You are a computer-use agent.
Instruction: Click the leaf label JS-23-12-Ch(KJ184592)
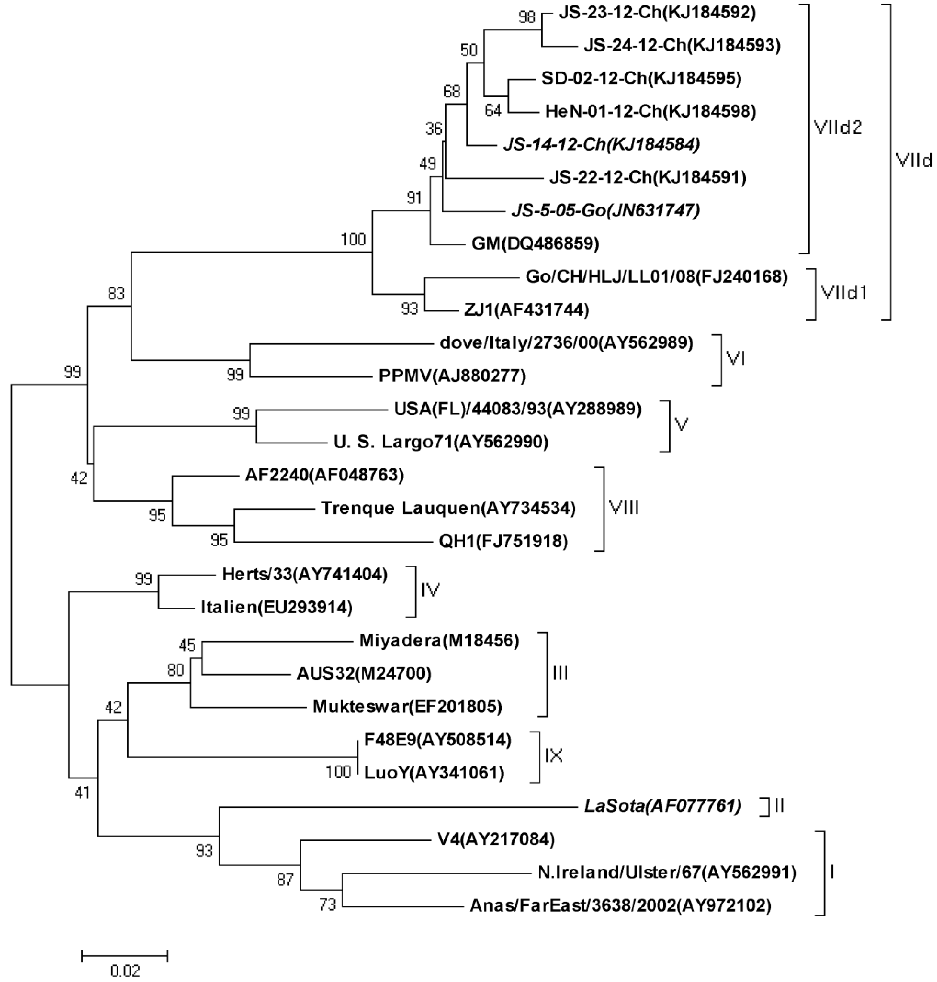point(657,13)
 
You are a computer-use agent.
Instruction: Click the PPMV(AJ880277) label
point(452,376)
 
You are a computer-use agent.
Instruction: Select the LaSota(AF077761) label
point(662,806)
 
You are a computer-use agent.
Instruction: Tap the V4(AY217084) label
point(496,839)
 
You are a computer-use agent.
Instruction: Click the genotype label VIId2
point(837,128)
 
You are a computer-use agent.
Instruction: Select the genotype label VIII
point(624,508)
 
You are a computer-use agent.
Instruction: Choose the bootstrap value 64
point(493,110)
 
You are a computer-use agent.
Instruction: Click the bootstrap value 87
point(285,879)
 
